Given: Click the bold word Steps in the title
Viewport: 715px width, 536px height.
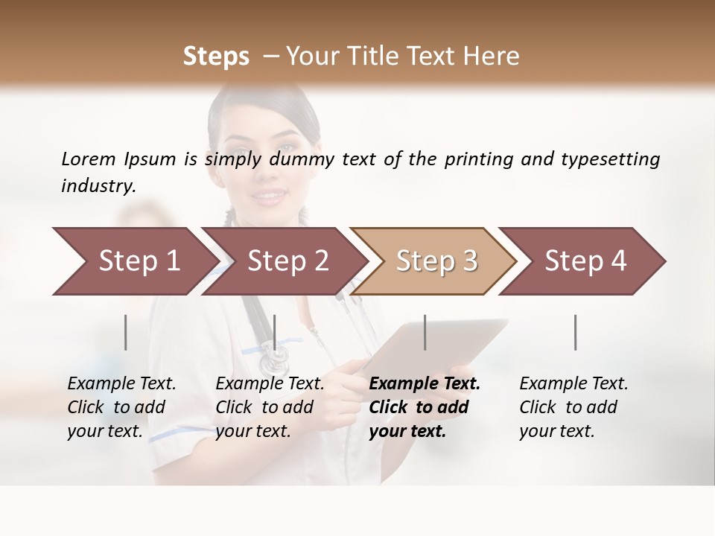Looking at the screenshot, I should click(216, 57).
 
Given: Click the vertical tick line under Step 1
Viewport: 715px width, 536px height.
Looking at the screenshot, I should click(126, 332).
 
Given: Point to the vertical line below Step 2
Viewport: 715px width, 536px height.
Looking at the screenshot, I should click(275, 332).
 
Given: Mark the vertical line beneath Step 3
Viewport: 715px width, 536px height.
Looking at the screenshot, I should click(425, 332).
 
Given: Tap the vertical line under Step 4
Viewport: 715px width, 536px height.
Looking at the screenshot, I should click(576, 332).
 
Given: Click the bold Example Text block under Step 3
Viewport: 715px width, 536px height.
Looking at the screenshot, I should click(425, 407).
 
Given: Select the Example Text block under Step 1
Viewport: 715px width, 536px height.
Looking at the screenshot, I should click(121, 407).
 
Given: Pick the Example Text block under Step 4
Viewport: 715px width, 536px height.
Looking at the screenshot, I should click(573, 407).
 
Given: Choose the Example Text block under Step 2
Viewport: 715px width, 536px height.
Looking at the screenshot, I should click(270, 407).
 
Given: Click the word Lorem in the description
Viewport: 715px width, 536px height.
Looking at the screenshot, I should click(89, 159).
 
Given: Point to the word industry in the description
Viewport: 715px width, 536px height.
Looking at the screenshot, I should click(98, 185).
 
